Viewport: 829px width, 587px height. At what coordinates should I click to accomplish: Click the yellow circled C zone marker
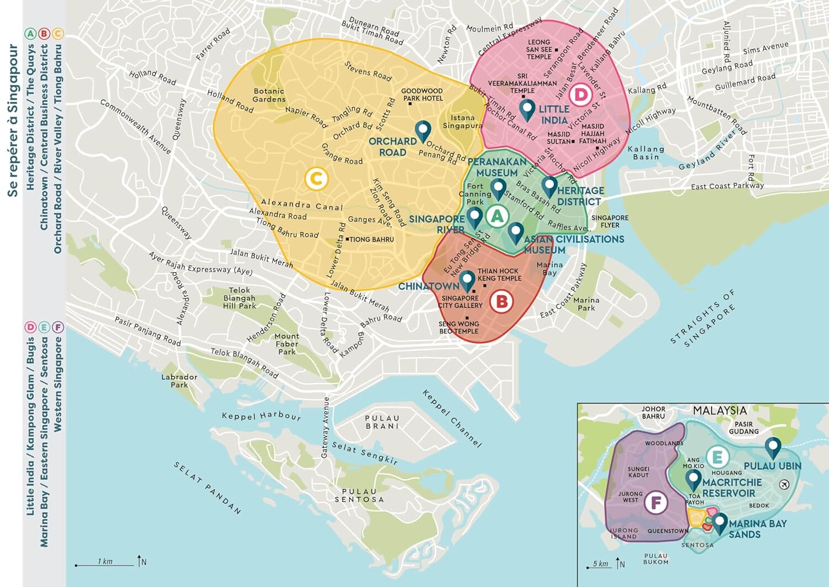pyautogui.click(x=316, y=179)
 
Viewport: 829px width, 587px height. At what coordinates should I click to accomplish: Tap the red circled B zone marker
pyautogui.click(x=501, y=302)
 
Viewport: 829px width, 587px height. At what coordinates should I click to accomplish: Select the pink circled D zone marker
pyautogui.click(x=580, y=95)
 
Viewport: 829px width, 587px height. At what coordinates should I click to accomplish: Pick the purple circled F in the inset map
pyautogui.click(x=656, y=503)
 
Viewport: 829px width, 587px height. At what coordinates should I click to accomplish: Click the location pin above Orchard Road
pyautogui.click(x=423, y=132)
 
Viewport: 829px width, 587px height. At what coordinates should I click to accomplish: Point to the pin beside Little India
pyautogui.click(x=527, y=109)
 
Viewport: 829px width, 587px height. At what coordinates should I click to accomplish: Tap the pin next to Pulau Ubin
pyautogui.click(x=773, y=447)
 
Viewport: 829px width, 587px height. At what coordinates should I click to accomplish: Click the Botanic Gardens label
pyautogui.click(x=269, y=95)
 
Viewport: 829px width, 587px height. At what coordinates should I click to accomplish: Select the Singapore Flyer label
pyautogui.click(x=610, y=221)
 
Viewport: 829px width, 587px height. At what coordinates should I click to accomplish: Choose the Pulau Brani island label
pyautogui.click(x=382, y=422)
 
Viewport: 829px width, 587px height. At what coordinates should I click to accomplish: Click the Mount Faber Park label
pyautogui.click(x=287, y=344)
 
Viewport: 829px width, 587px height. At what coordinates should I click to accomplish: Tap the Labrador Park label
pyautogui.click(x=179, y=381)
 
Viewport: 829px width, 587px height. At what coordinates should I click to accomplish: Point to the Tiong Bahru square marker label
pyautogui.click(x=371, y=239)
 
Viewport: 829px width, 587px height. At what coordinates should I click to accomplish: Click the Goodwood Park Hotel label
pyautogui.click(x=422, y=95)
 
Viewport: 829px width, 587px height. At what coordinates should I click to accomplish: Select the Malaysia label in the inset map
pyautogui.click(x=720, y=411)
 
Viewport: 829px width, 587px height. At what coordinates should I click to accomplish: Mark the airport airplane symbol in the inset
pyautogui.click(x=784, y=485)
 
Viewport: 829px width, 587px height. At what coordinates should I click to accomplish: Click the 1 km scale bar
pyautogui.click(x=105, y=564)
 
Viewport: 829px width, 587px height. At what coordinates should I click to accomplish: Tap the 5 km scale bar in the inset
pyautogui.click(x=599, y=566)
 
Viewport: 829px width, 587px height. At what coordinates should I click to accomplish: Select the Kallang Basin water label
pyautogui.click(x=646, y=153)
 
